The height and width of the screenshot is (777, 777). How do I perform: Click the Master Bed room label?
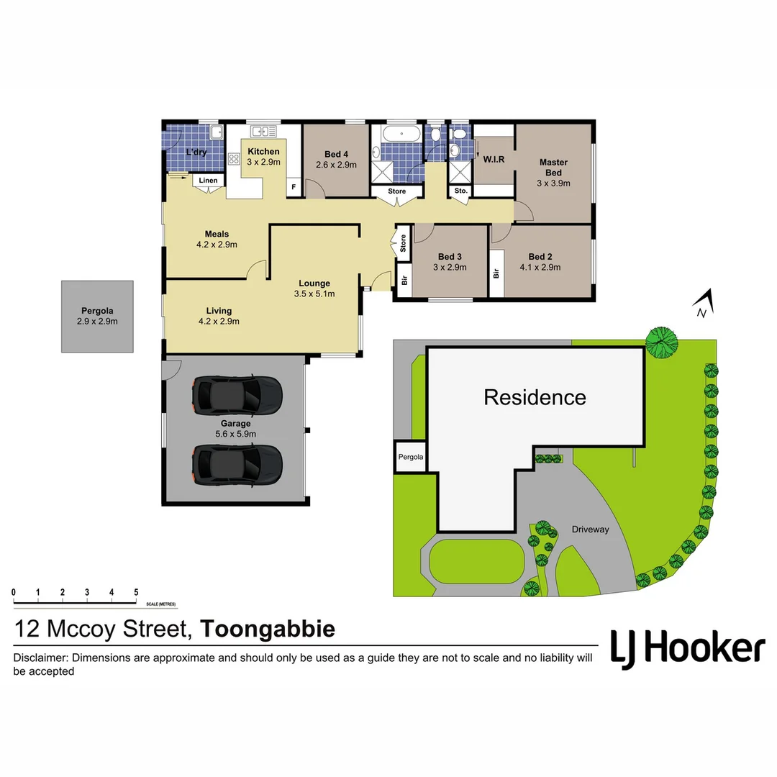pos(553,167)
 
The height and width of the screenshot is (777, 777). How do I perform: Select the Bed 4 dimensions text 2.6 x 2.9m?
pos(336,165)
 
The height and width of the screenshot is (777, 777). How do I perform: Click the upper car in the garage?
pos(237,394)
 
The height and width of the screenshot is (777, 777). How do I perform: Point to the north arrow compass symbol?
pos(705,303)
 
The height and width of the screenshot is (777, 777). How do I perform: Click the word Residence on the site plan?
pos(535,397)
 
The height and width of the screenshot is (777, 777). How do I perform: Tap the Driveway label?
pos(590,530)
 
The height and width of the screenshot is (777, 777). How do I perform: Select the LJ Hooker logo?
pos(687,648)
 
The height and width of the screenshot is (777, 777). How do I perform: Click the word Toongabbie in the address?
pos(268,629)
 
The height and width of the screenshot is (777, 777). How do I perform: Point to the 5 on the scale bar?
pos(136,592)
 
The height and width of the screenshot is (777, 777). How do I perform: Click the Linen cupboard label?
pos(208,181)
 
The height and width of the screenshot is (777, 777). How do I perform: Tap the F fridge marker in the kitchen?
pos(293,187)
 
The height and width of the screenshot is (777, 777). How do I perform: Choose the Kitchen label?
pos(263,151)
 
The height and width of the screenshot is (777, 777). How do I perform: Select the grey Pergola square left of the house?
pos(97,317)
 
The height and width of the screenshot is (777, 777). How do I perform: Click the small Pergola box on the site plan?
pos(410,457)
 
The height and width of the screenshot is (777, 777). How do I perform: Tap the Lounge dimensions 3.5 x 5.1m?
pos(314,294)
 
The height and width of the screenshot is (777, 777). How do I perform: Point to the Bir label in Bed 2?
pos(496,274)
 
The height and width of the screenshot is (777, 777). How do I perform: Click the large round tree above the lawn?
pos(661,342)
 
